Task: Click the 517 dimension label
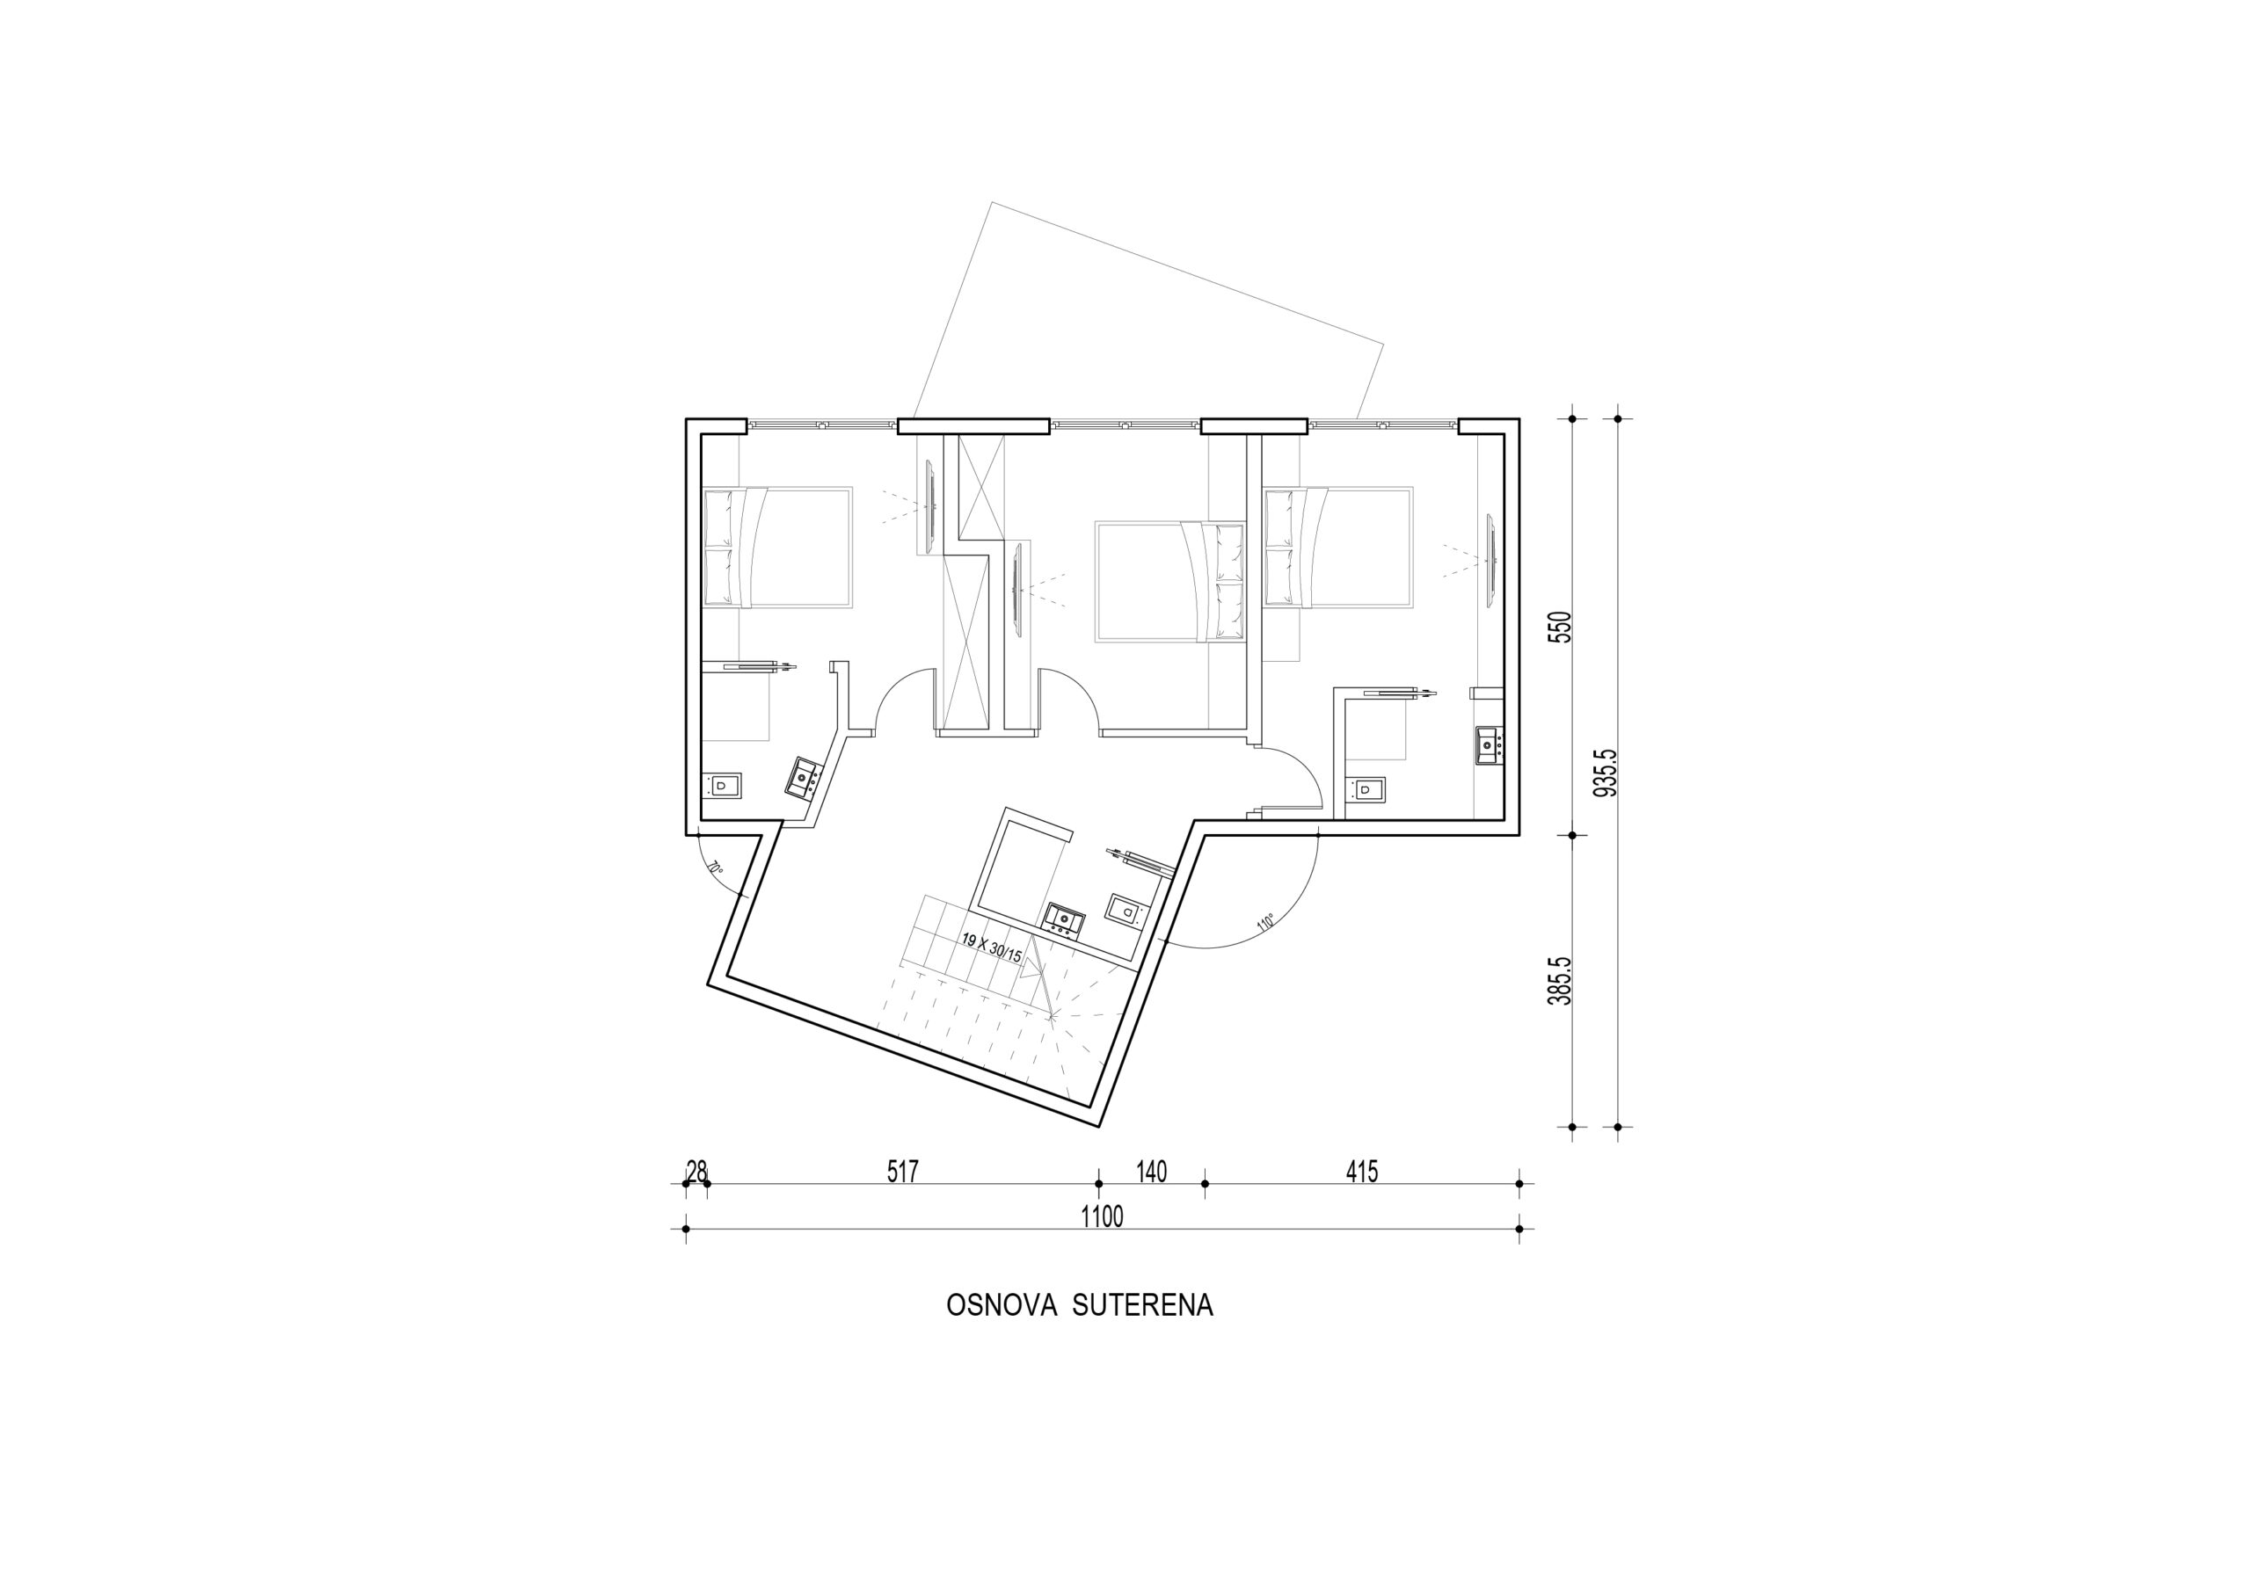[x=902, y=1172]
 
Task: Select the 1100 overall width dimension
[x=1102, y=1216]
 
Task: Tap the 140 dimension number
[x=1151, y=1172]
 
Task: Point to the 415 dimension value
[x=1362, y=1172]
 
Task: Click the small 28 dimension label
[x=697, y=1172]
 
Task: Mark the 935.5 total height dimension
[x=1605, y=773]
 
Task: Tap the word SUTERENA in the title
[x=1143, y=1306]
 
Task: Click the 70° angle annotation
[x=717, y=868]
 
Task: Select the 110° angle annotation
[x=1264, y=922]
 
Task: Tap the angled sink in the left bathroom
[x=806, y=777]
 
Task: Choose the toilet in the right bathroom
[x=1366, y=789]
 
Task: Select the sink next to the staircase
[x=1064, y=918]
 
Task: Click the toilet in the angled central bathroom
[x=1125, y=910]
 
